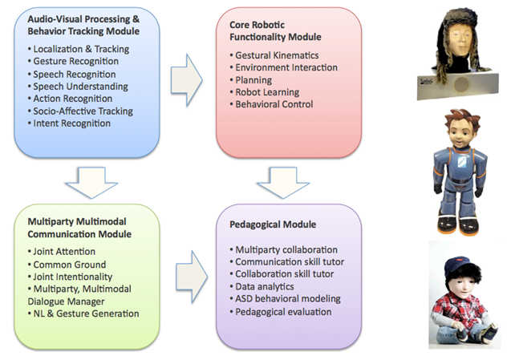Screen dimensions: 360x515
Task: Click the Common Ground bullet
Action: click(x=61, y=263)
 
